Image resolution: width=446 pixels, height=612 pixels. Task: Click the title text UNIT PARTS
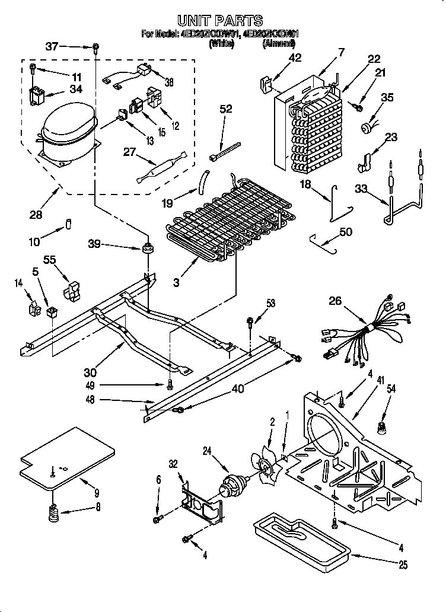click(220, 21)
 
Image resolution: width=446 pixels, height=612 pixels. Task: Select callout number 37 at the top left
click(52, 46)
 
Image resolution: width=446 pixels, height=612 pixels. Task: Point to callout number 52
click(225, 109)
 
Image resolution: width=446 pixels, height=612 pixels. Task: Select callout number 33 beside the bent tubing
click(359, 189)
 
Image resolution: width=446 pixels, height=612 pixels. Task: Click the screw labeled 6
click(157, 519)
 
